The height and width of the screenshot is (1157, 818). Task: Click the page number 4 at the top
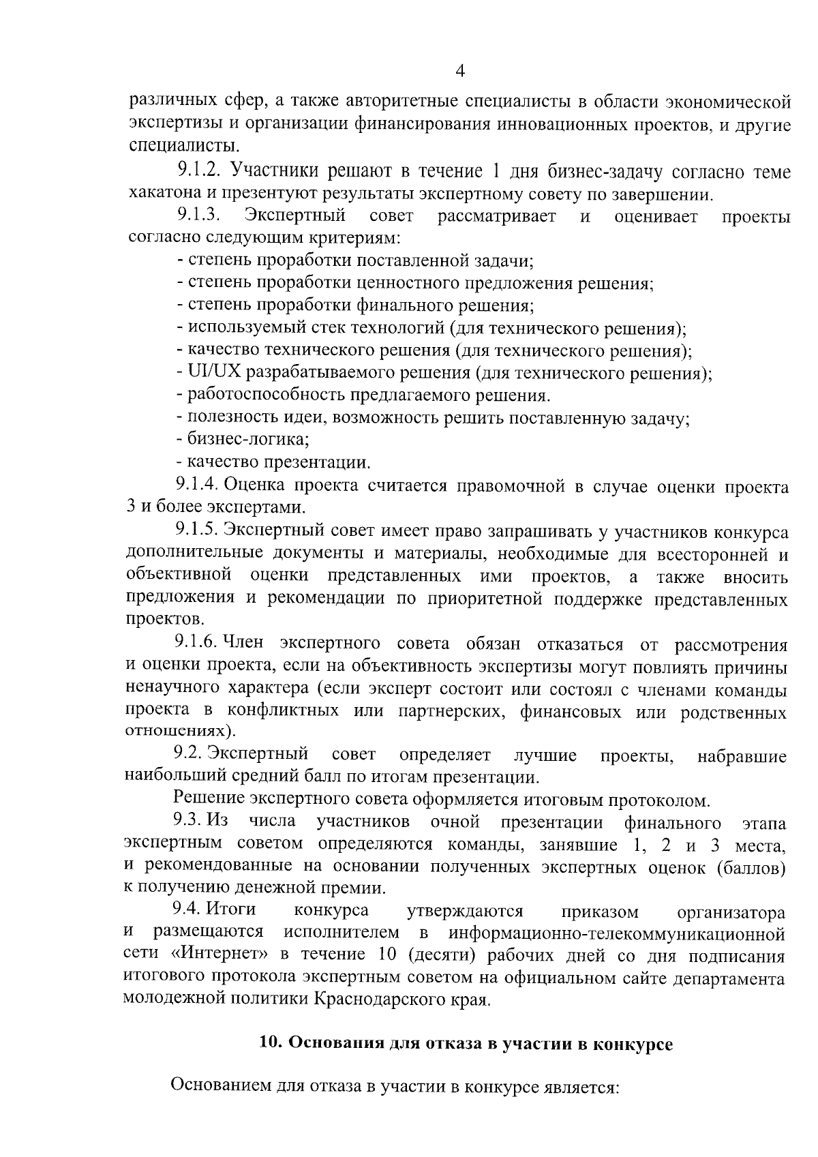(x=460, y=72)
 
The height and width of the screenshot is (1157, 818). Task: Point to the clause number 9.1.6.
(x=196, y=644)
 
